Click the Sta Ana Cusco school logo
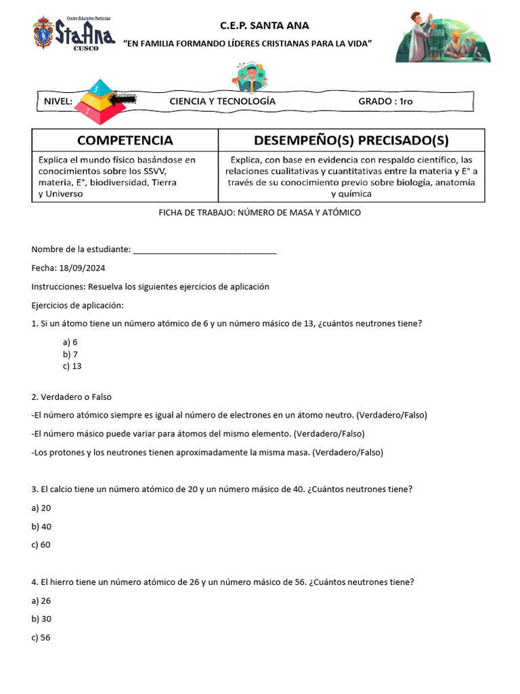tap(74, 33)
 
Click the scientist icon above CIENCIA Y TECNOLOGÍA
tap(252, 77)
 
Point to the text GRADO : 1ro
tap(385, 102)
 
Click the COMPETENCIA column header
tap(125, 140)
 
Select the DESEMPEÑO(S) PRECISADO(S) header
tap(351, 140)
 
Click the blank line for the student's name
tap(205, 249)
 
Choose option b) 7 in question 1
tap(70, 354)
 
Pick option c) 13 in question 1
tap(72, 366)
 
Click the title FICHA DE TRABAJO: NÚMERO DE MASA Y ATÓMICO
tap(259, 213)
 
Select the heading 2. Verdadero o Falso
tap(72, 396)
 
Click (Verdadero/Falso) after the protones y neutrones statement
tap(348, 452)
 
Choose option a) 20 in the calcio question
tap(41, 508)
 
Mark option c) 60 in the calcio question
tap(41, 544)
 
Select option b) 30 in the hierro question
tap(41, 619)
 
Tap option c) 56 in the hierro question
tap(41, 637)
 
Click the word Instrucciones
tap(58, 287)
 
